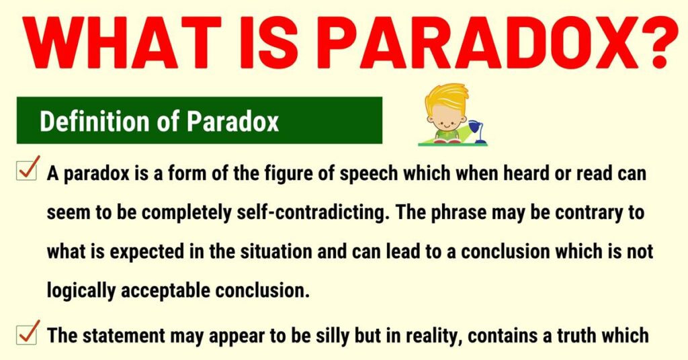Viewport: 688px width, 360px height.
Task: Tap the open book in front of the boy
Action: [446, 140]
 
